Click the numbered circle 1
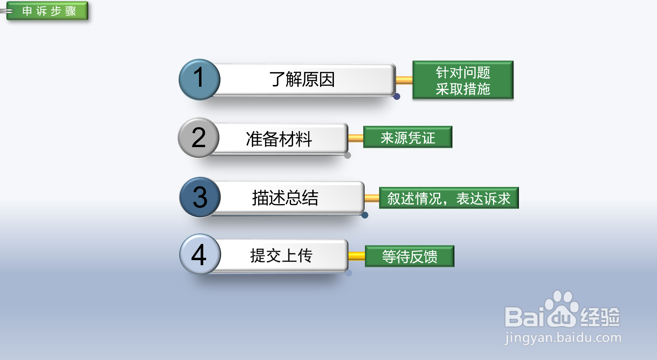click(199, 80)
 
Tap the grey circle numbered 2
click(199, 138)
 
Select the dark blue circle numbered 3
click(200, 197)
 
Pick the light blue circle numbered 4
click(200, 254)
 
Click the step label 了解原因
click(302, 80)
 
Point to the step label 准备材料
click(279, 139)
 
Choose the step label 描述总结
click(285, 198)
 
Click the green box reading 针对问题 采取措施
click(463, 80)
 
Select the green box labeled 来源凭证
click(408, 137)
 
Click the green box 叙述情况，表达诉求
click(449, 198)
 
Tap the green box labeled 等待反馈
click(410, 256)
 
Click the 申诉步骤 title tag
click(48, 11)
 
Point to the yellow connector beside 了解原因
click(404, 80)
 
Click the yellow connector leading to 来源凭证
click(356, 138)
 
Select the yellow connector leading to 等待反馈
click(357, 256)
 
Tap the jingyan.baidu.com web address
click(562, 338)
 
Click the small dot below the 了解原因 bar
click(397, 96)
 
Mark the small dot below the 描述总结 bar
click(365, 215)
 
